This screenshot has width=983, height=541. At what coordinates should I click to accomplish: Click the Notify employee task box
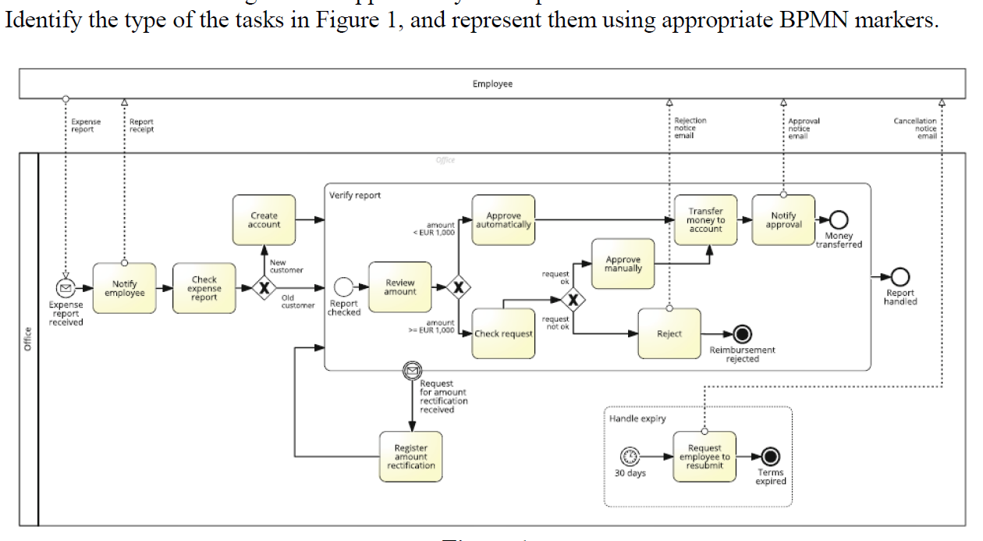coord(124,288)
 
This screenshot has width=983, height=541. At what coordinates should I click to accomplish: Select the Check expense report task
coord(204,288)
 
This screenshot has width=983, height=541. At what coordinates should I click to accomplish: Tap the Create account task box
coord(264,220)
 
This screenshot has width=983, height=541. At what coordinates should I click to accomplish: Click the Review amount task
coord(399,287)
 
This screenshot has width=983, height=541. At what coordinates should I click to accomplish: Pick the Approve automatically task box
coord(503,220)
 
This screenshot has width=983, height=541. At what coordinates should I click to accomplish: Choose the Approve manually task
coord(623,264)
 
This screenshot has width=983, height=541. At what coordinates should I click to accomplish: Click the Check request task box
coord(503,333)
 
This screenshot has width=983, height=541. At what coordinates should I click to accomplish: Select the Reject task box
coord(669,333)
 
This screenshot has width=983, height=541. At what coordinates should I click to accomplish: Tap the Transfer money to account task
coord(705,220)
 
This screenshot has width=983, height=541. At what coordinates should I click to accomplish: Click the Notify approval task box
coord(783,220)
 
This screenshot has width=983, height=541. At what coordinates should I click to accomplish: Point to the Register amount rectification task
coord(411,456)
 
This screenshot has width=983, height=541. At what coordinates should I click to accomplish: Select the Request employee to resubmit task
coord(704,457)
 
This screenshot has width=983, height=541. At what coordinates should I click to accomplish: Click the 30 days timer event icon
coord(630,457)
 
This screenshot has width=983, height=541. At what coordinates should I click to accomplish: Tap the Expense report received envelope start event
coord(66,288)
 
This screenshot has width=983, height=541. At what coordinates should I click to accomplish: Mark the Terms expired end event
coord(771,457)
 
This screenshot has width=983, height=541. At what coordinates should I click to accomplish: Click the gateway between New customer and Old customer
coord(264,288)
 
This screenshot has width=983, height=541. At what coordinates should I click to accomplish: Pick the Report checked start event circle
coord(344,287)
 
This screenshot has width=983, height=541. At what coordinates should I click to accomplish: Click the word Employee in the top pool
coord(492,84)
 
